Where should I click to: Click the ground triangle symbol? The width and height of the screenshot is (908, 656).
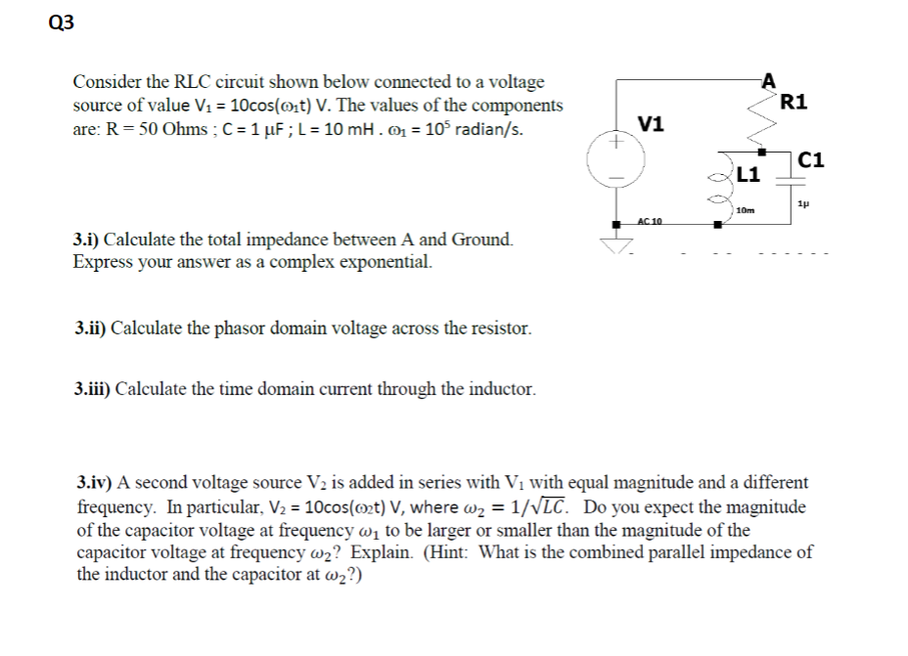(617, 244)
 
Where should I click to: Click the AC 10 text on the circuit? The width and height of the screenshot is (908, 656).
(650, 222)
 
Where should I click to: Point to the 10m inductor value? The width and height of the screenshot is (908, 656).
(745, 210)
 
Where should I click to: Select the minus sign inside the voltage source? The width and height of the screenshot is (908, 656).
(616, 178)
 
